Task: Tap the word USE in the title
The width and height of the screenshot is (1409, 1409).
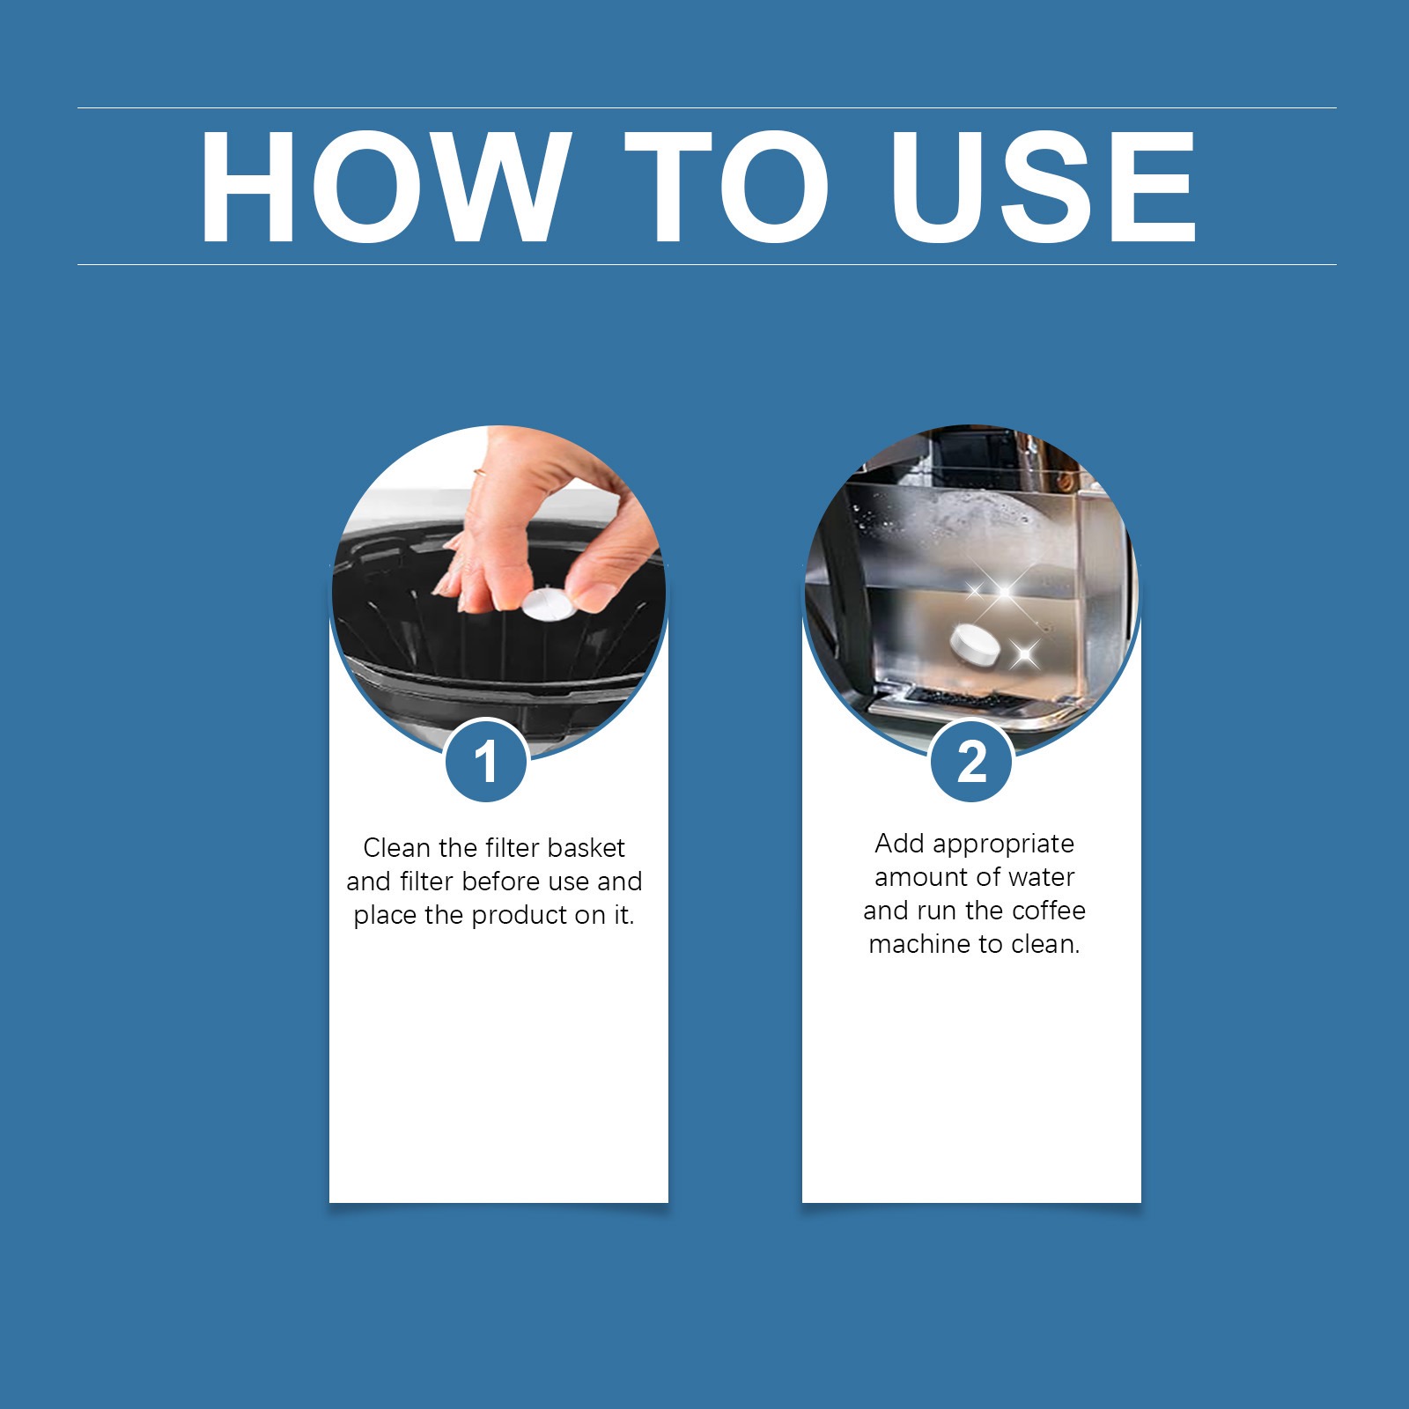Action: [1044, 186]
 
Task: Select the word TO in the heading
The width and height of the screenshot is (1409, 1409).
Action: [727, 186]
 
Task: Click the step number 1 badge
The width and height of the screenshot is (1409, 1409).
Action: [486, 761]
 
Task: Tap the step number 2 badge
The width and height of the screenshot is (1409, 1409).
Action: [971, 761]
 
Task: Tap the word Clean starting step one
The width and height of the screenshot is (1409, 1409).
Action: [396, 848]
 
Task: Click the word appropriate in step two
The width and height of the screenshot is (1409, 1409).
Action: [1004, 844]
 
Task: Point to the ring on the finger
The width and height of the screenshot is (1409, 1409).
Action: [479, 473]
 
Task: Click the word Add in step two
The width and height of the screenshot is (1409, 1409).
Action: [899, 844]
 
